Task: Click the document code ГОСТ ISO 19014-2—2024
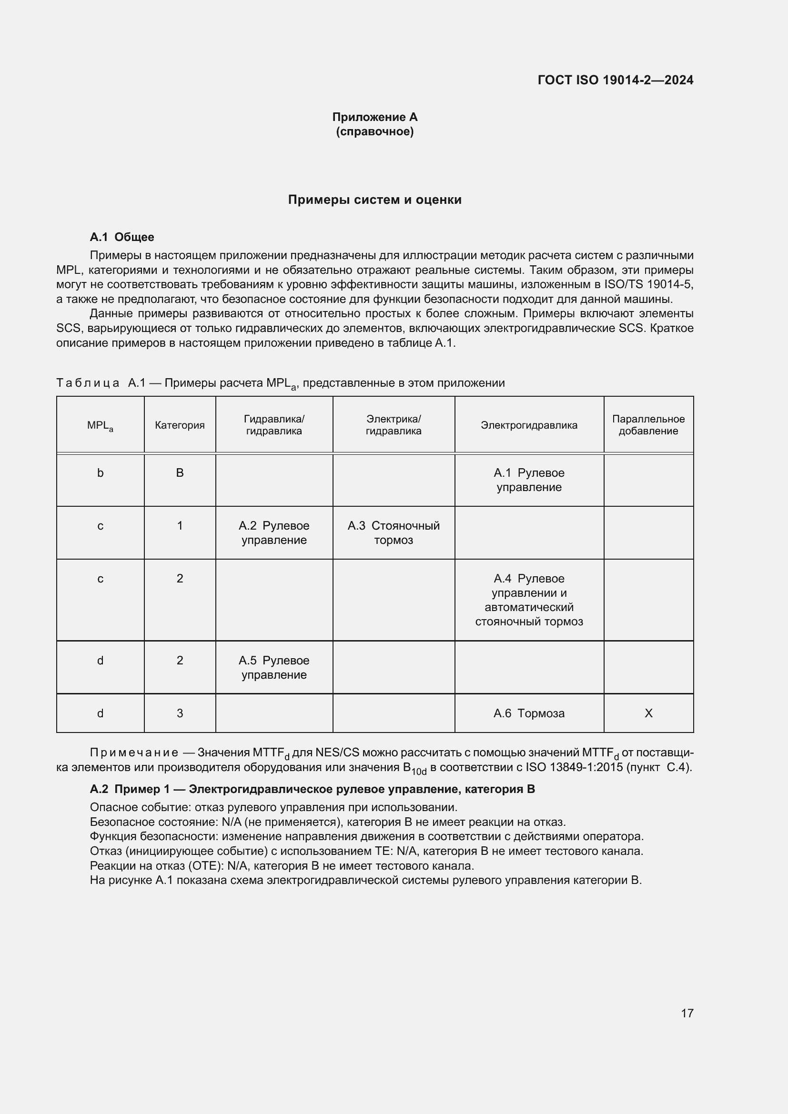coord(615,80)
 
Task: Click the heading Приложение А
coord(374,117)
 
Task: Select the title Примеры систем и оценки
coord(374,200)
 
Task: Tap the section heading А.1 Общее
coord(122,237)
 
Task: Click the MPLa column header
coord(100,425)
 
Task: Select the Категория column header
coord(180,425)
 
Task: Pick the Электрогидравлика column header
coord(529,425)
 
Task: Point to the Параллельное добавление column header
coord(648,425)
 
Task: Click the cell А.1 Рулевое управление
coord(529,480)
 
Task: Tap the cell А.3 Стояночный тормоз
coord(394,533)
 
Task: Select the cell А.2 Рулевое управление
coord(274,533)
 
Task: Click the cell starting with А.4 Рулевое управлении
coord(529,600)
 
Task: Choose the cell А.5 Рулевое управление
coord(274,667)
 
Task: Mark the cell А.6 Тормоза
coord(529,713)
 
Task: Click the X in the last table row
coord(648,713)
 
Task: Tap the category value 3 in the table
coord(180,713)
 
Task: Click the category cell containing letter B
coord(180,472)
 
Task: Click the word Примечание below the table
coord(134,753)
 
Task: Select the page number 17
coord(687,1013)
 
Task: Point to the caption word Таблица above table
coord(88,383)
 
